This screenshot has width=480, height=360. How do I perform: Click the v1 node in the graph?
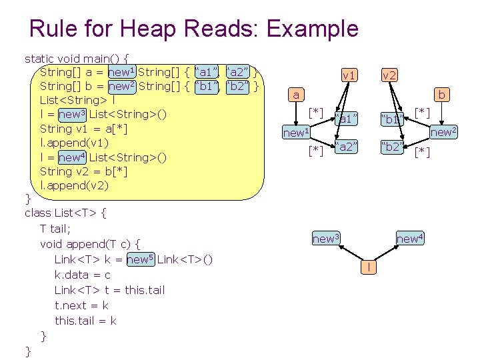point(349,75)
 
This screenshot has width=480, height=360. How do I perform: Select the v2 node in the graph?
point(389,75)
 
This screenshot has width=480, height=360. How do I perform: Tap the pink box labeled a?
point(296,95)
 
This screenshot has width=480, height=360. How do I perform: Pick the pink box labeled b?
point(441,95)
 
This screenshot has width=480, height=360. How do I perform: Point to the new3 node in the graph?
point(326,238)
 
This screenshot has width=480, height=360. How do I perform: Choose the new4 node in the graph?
point(409,238)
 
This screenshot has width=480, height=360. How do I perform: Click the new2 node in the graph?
point(443,132)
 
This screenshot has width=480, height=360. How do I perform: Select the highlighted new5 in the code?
point(141,259)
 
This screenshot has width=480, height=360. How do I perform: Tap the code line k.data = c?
point(83,275)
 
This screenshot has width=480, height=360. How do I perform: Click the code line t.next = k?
point(81,305)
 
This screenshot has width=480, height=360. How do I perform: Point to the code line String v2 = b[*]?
point(84,171)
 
